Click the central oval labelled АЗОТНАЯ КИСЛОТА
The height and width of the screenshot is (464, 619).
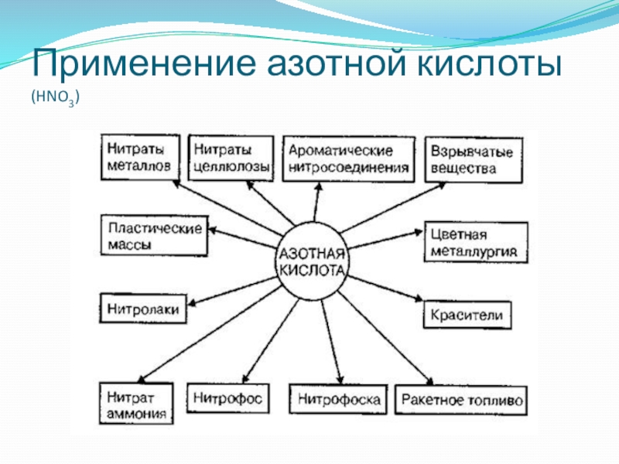(x=313, y=263)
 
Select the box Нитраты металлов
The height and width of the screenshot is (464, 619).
(x=139, y=157)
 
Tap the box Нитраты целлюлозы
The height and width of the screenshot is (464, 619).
(x=231, y=157)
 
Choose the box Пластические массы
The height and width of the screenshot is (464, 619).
(x=155, y=236)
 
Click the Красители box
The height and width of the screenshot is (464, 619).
(x=467, y=315)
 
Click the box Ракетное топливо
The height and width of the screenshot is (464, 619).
(x=462, y=401)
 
